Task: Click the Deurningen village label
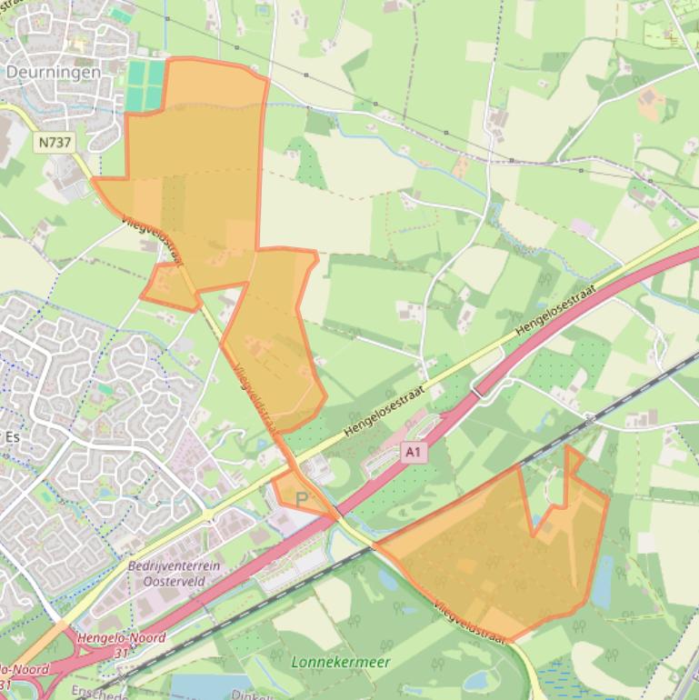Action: [53, 72]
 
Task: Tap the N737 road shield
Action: [55, 142]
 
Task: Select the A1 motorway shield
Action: [414, 452]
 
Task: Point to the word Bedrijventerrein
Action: [174, 565]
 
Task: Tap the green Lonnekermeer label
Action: [340, 662]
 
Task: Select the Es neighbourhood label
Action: [12, 436]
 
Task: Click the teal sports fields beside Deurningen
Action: [145, 85]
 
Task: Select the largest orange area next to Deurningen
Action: [195, 173]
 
